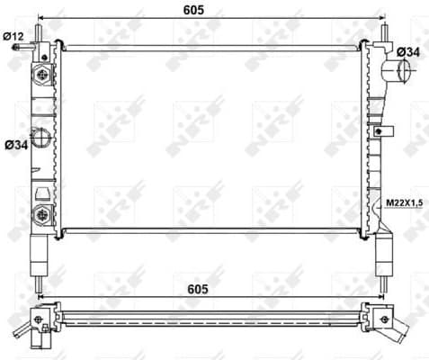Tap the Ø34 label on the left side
pos(15,143)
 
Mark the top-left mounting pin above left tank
pos(41,31)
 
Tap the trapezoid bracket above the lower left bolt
pos(40,192)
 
